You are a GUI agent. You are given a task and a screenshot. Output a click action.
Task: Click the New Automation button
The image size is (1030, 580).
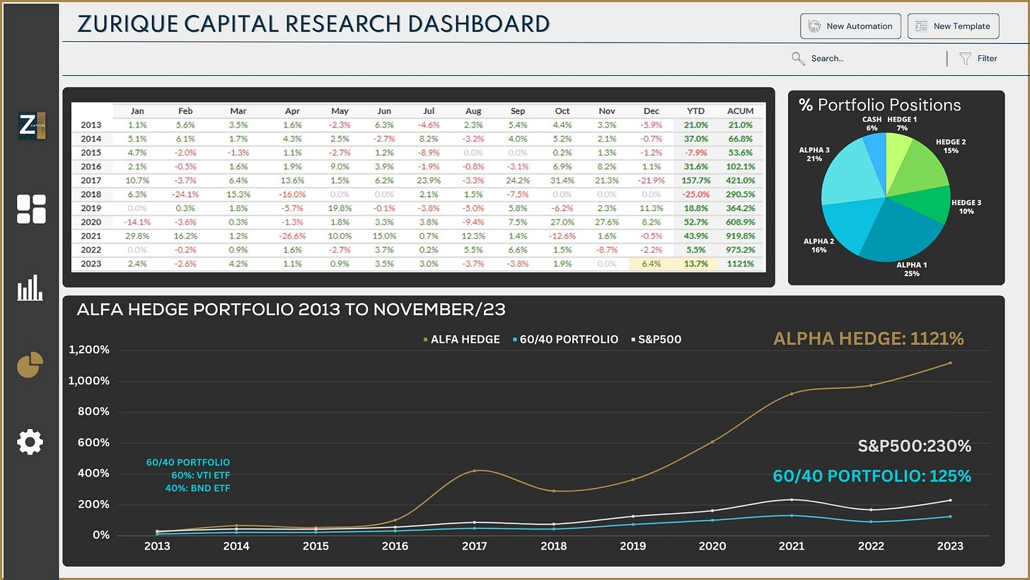[850, 26]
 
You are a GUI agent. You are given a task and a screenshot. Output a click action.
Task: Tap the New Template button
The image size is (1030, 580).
[953, 26]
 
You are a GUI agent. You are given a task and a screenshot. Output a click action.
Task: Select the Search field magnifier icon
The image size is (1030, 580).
[798, 59]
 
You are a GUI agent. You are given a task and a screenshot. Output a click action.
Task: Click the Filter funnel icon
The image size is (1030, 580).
[965, 59]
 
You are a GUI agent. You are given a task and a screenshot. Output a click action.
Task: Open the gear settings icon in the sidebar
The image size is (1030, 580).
[30, 442]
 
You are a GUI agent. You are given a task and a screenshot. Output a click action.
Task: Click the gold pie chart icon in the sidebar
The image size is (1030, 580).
[30, 365]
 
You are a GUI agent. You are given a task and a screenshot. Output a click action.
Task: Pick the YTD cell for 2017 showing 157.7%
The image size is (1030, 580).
[696, 180]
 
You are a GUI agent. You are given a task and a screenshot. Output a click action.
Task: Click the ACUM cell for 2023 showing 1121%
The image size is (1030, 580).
[741, 263]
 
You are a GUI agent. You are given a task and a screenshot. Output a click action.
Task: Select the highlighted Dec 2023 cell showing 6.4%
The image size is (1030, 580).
[652, 263]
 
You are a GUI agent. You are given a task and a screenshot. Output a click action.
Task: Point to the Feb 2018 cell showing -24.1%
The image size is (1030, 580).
[185, 194]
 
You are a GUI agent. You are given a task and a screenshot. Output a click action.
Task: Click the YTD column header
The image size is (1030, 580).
[696, 111]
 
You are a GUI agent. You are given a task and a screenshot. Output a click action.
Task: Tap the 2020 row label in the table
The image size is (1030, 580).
[91, 222]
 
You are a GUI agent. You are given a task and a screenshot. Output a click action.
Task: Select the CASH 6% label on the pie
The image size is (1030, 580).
[872, 124]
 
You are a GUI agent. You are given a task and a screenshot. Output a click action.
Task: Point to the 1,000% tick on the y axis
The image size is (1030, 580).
[89, 381]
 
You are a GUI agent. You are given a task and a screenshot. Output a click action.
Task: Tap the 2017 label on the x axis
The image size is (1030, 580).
[474, 546]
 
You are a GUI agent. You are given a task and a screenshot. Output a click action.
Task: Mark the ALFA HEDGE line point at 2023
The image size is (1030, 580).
[950, 363]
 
